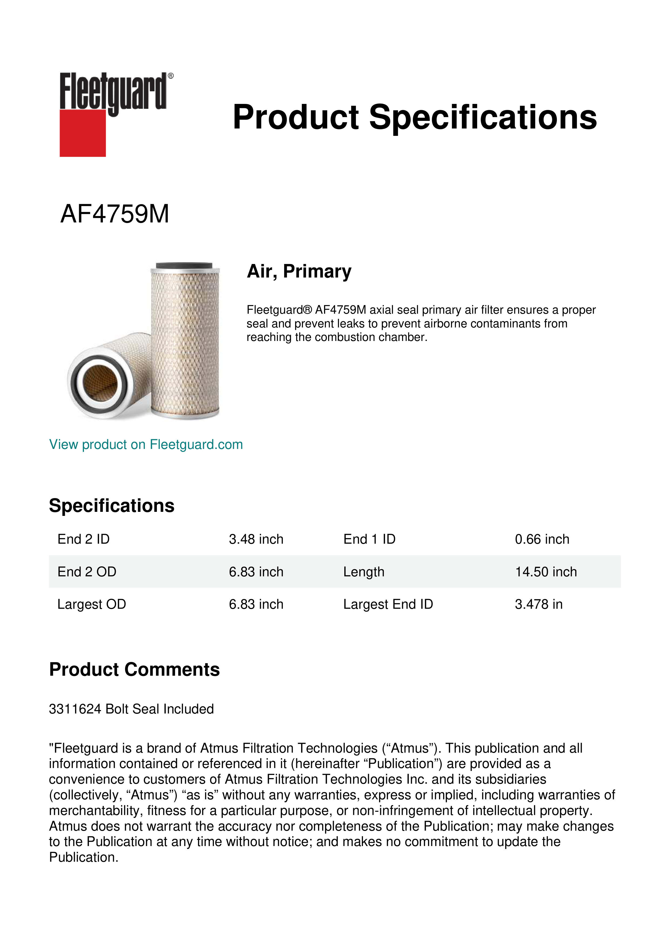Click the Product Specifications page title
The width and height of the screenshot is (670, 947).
point(414,117)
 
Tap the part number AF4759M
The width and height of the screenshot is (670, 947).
point(115,214)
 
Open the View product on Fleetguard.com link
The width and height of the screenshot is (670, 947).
point(146,444)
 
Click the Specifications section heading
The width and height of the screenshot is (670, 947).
point(111,505)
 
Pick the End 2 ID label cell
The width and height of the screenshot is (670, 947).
point(83,539)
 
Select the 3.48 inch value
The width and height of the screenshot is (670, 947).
point(256,539)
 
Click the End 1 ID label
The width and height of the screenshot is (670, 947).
point(369,539)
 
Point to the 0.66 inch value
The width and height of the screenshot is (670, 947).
point(542,539)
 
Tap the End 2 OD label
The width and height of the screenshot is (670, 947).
point(87,572)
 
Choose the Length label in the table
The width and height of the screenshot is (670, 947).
point(363,572)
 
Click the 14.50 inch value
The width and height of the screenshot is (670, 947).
point(546,572)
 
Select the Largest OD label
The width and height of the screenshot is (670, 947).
point(92,604)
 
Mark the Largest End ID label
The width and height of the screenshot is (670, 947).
point(388,604)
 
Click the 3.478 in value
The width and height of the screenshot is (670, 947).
point(538,604)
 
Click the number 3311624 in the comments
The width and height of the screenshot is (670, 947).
point(75,709)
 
